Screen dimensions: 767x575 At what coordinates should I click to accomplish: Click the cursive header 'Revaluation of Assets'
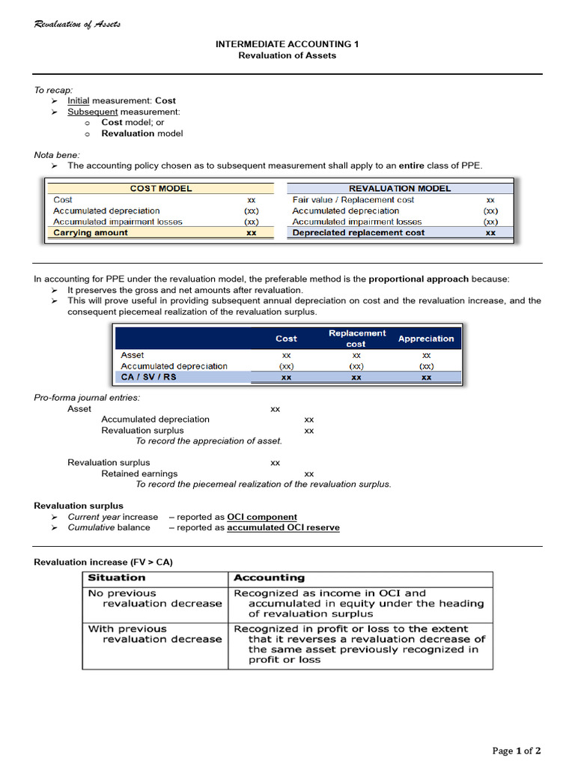[x=77, y=25]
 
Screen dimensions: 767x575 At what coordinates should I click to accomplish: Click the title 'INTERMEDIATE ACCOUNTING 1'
[x=287, y=44]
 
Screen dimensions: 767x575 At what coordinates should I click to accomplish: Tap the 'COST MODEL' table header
[x=161, y=189]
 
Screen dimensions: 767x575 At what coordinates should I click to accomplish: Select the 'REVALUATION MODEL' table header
[x=400, y=189]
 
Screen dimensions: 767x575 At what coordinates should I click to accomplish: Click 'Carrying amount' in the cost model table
[x=91, y=233]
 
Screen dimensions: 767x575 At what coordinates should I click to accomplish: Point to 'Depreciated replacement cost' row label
[x=358, y=233]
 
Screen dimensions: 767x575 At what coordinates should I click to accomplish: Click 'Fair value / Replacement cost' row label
[x=353, y=200]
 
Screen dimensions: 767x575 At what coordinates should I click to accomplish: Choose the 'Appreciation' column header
[x=426, y=339]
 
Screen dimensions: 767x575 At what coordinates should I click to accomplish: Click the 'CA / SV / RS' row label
[x=149, y=378]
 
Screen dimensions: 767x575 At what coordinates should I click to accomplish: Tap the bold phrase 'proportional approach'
[x=419, y=279]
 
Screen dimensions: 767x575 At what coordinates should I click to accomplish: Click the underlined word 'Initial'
[x=78, y=100]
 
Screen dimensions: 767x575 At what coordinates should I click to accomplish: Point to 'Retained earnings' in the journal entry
[x=139, y=473]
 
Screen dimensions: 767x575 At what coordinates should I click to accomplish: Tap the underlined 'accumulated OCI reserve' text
[x=283, y=527]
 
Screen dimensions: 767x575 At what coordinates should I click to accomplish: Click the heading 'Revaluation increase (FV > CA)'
[x=103, y=562]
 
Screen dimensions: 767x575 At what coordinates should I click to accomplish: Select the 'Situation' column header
[x=117, y=578]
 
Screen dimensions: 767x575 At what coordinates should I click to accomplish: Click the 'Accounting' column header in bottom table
[x=270, y=578]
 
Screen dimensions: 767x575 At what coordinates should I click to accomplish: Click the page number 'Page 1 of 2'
[x=516, y=751]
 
